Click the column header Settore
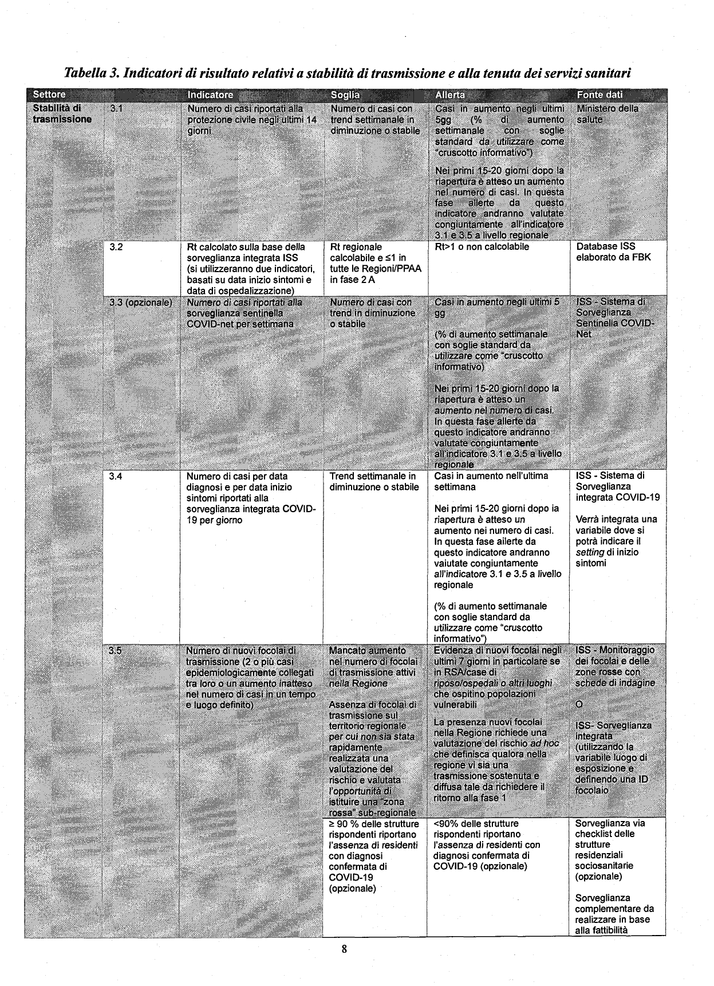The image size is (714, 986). pos(49,95)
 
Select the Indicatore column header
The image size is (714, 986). pos(210,95)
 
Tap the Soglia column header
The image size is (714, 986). pos(345,95)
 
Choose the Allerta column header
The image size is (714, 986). pos(450,95)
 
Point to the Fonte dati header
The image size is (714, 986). pos(599,95)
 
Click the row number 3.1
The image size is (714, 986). pos(116,108)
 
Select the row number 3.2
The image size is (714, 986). pos(116,247)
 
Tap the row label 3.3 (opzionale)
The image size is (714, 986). pos(141,302)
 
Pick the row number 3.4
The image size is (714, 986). pos(116,476)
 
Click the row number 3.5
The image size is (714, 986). pos(116,650)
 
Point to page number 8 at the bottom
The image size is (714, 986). pos(344,949)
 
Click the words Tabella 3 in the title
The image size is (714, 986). pos(91,73)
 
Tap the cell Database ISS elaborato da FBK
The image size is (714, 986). pos(613,252)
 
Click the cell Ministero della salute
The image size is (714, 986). pos(607,113)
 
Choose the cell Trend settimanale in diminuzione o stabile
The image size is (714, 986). pos(373,482)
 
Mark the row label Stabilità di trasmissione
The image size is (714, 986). pos(62,113)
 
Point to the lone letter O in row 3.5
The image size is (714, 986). pos(579,704)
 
